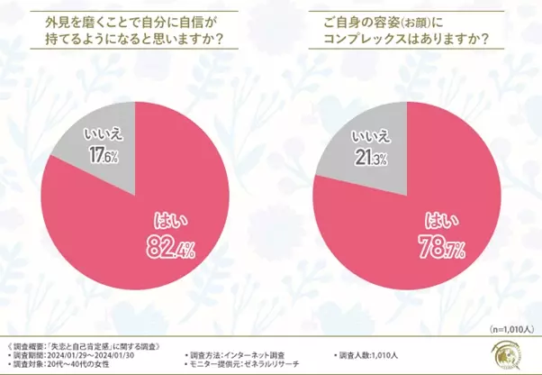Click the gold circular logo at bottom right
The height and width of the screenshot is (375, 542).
pyautogui.click(x=517, y=355)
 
